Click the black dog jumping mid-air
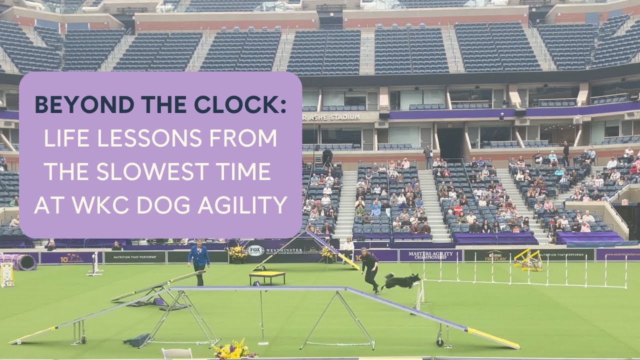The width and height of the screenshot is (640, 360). click(400, 281)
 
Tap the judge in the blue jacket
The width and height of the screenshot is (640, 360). click(199, 260)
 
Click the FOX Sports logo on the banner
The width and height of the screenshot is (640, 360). click(255, 250)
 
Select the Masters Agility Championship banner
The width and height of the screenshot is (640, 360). click(427, 255)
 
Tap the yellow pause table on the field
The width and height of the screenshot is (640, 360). click(267, 275)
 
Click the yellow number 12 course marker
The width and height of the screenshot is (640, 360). click(7, 274)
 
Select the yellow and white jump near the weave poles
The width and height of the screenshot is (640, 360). click(528, 259)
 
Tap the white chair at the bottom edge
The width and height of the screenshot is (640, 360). click(176, 353)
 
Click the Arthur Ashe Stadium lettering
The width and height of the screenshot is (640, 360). click(331, 117)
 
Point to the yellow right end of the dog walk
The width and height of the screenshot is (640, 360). click(492, 339)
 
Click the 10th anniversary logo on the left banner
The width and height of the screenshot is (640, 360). click(70, 257)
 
